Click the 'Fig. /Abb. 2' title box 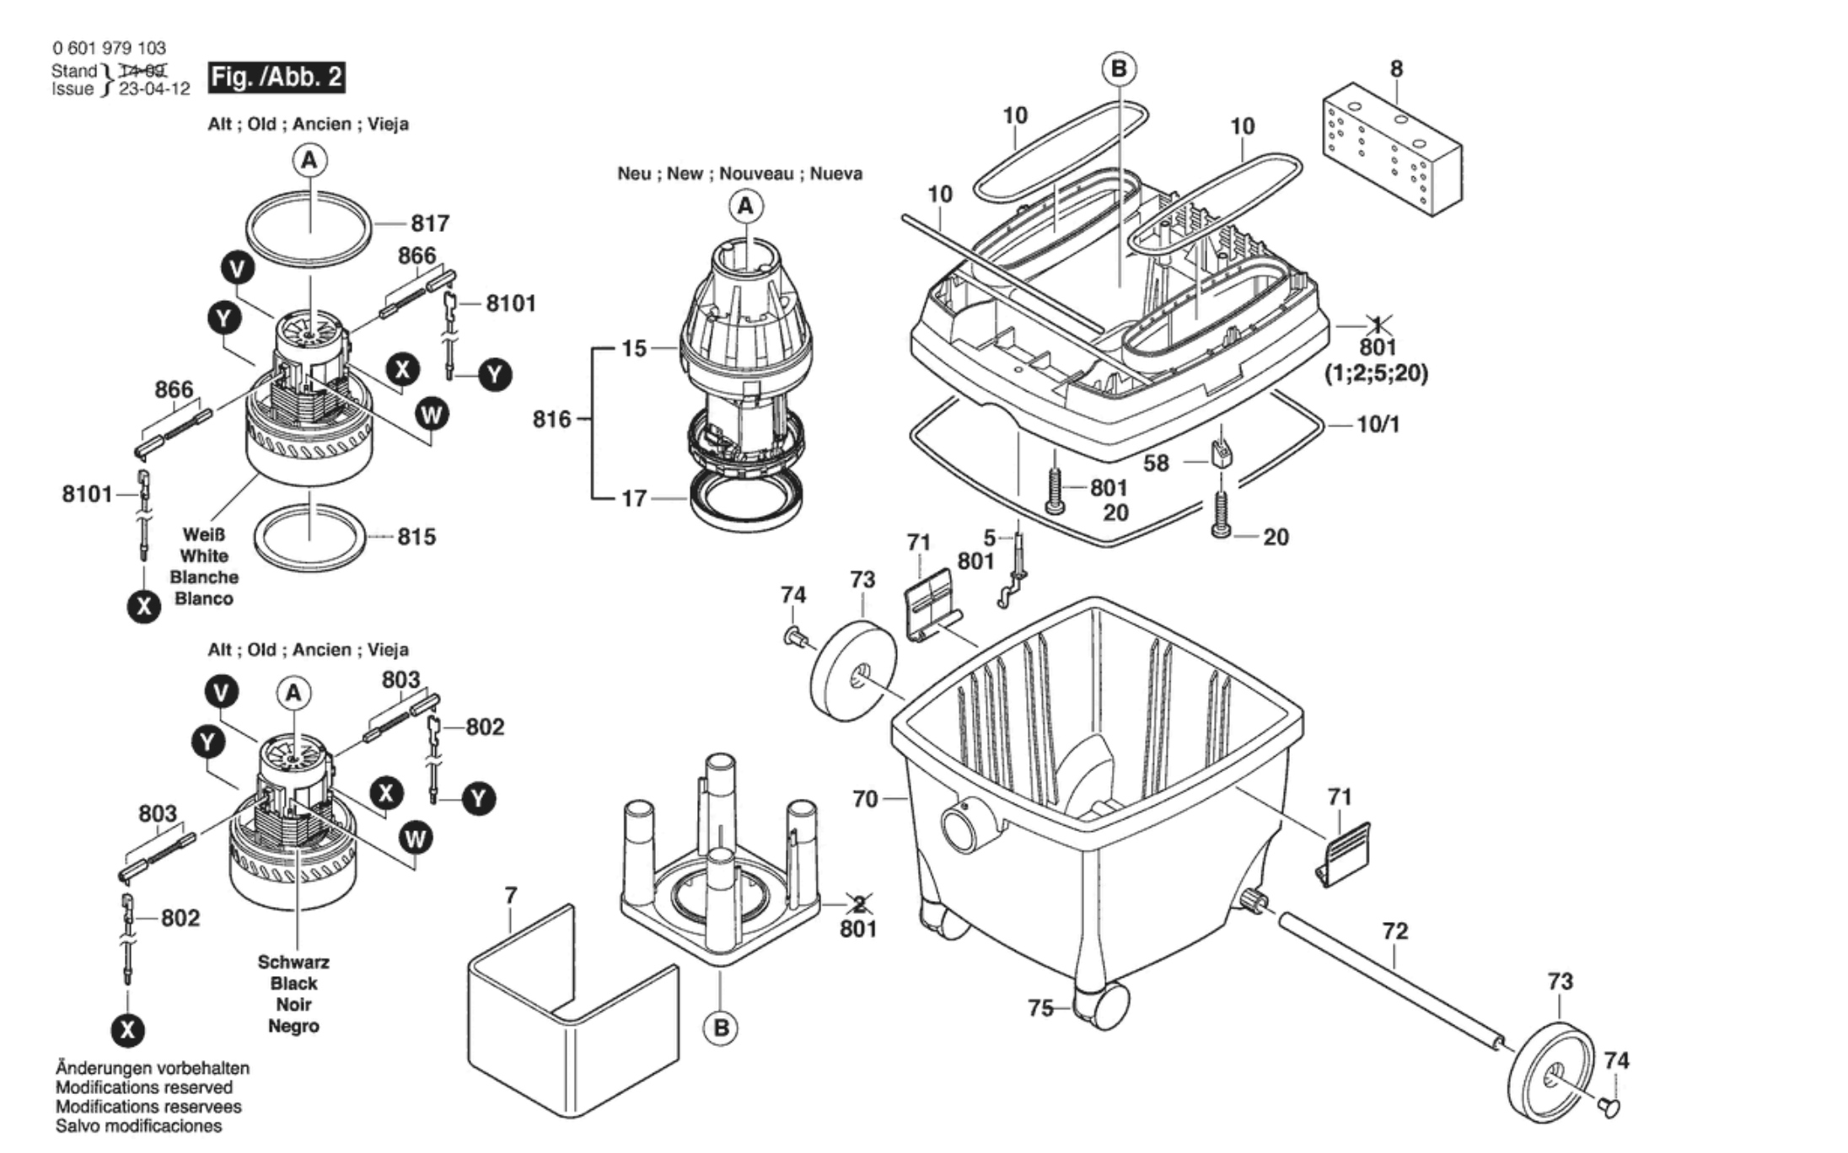pos(277,77)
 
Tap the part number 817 pos(430,223)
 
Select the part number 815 pos(416,536)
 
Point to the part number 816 pos(551,419)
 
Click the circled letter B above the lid pos(1119,68)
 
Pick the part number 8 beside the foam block pos(1396,68)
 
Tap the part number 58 pos(1156,464)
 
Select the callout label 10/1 pos(1378,424)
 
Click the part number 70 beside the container pos(865,798)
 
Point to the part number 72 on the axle pos(1395,931)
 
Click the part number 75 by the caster pos(1041,1008)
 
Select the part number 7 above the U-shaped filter pos(510,896)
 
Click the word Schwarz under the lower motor pos(293,963)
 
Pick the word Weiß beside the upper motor pos(203,534)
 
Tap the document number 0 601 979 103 pos(109,48)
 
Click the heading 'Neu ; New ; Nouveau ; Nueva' pos(739,174)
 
